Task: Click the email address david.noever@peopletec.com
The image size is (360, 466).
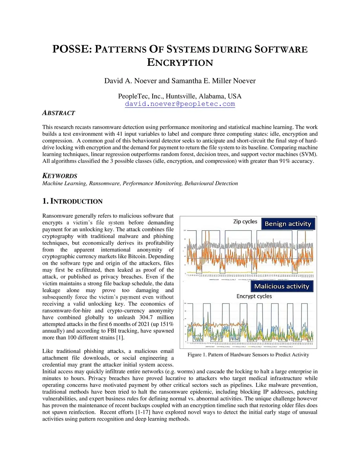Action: (x=180, y=104)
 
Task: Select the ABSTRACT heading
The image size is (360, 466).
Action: (x=58, y=113)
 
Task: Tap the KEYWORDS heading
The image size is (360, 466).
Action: (x=60, y=176)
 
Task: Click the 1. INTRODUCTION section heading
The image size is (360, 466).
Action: (x=72, y=201)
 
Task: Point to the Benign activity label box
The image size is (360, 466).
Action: (x=288, y=224)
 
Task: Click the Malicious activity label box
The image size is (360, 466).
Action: (x=281, y=286)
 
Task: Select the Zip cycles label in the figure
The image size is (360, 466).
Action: (x=245, y=222)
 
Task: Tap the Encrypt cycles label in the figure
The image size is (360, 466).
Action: (x=254, y=296)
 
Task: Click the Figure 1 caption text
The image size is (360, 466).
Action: (x=248, y=355)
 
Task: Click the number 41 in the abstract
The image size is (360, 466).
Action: (x=120, y=134)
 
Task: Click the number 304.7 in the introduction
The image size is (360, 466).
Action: (x=146, y=317)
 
